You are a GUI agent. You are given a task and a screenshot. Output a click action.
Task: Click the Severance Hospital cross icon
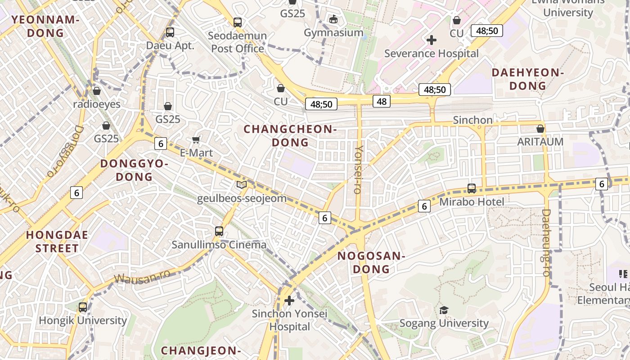point(431,40)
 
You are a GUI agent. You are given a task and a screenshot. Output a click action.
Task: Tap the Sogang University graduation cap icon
point(444,310)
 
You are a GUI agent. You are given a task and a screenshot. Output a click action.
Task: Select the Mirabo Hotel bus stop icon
point(472,188)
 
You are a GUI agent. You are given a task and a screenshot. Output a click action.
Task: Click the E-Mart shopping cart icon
point(196,139)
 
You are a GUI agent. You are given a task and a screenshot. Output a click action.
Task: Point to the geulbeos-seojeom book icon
point(242,184)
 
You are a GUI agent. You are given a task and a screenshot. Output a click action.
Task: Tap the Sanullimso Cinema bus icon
point(219,231)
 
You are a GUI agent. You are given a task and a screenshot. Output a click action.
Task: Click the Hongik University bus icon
point(83,307)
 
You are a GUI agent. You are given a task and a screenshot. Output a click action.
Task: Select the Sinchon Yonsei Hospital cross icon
point(289,300)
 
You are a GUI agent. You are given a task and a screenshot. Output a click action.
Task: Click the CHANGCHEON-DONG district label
point(290,136)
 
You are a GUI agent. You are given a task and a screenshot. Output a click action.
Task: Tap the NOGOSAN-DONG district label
point(371,263)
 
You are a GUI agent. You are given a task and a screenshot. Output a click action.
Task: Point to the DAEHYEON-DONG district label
point(527,79)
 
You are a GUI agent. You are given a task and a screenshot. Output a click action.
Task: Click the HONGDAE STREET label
point(57,242)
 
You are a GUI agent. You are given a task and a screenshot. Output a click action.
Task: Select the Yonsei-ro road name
point(358,169)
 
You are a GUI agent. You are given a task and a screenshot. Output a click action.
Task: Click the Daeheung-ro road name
point(546,243)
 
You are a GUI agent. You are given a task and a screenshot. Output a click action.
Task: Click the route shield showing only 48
point(381,101)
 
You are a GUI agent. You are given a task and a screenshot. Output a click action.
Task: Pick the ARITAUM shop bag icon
point(540,129)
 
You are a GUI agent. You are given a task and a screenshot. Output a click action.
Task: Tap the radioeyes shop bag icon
point(96,91)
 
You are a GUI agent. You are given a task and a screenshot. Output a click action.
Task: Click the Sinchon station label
point(472,120)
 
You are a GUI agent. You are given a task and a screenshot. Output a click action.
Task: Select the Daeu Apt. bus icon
point(170,32)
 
